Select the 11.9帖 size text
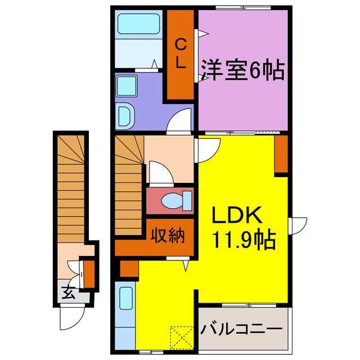pyautogui.click(x=243, y=240)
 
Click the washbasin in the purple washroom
pyautogui.click(x=125, y=116)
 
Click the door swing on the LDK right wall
pyautogui.click(x=298, y=225)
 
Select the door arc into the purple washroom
pyautogui.click(x=182, y=121)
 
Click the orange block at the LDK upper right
pyautogui.click(x=280, y=155)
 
